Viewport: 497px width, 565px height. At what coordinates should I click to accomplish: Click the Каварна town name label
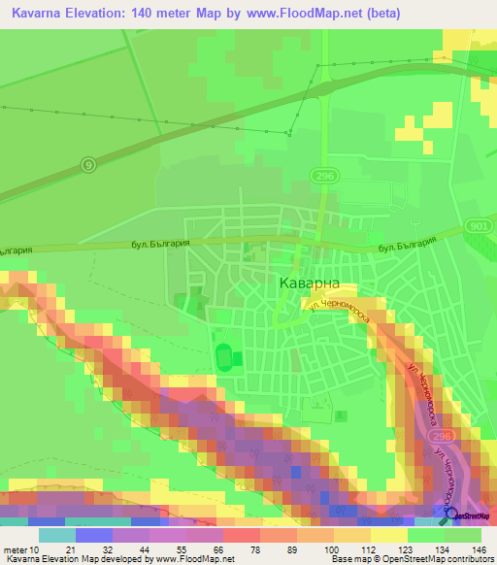pyautogui.click(x=309, y=282)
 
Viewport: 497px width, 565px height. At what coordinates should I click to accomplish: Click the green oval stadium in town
pyautogui.click(x=225, y=356)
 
